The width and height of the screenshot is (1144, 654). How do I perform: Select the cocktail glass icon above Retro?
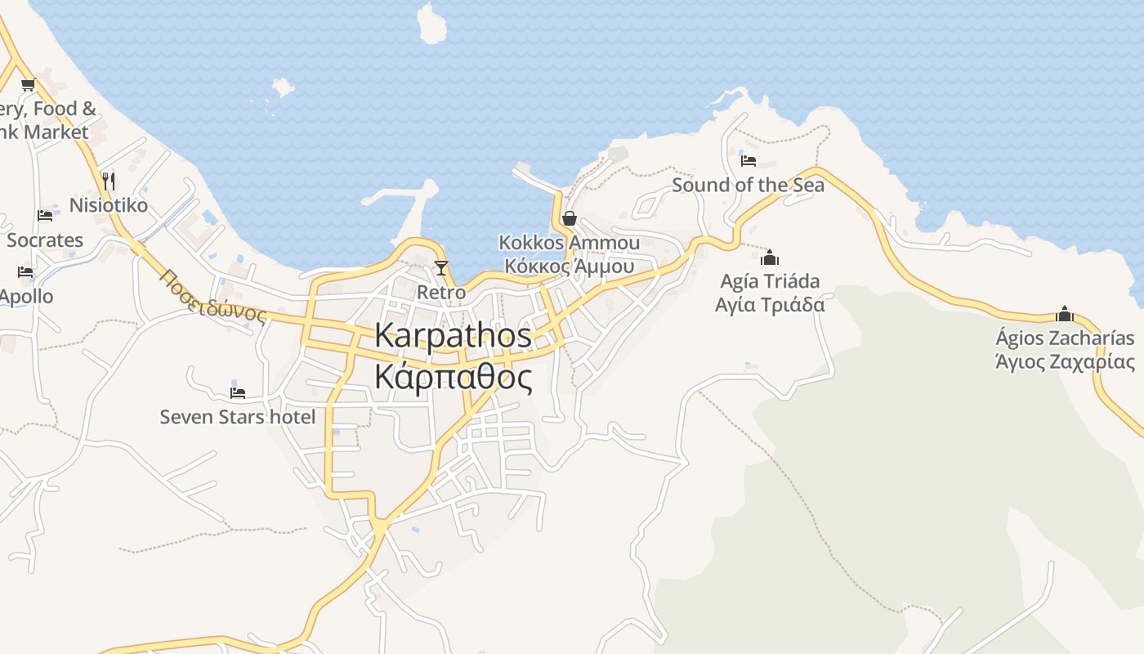[441, 268]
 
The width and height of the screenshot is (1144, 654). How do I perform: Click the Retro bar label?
[441, 292]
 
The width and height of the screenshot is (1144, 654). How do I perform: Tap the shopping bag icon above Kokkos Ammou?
[570, 218]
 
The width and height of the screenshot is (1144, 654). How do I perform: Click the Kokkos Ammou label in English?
[570, 243]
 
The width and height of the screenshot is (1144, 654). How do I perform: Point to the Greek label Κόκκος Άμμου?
[570, 266]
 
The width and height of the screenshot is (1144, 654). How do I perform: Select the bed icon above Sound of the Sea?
[749, 160]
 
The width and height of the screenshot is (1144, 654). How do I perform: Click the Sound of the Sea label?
[748, 185]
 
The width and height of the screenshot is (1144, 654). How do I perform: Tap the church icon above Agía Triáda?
[770, 258]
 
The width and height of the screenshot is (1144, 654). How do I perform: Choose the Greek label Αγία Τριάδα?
[770, 305]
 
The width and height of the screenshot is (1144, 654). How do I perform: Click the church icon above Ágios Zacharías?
[1064, 314]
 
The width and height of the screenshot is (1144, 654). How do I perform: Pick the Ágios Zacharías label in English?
[1065, 338]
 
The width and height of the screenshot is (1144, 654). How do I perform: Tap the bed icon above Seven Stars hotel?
[238, 392]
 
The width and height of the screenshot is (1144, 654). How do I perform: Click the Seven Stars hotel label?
[237, 417]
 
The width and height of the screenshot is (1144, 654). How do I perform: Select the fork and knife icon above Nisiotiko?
[109, 181]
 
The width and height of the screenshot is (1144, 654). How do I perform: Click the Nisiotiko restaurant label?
[109, 205]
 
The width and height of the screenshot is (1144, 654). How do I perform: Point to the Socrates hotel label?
[45, 240]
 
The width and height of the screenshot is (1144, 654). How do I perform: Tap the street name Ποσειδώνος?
[214, 296]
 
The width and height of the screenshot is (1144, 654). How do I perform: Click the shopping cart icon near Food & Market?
[29, 84]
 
